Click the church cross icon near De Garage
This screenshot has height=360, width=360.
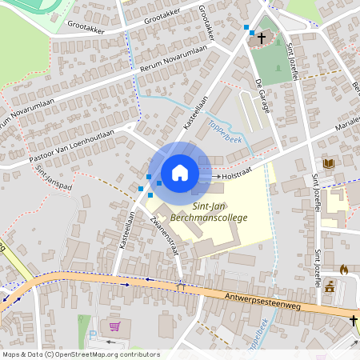pyautogui.click(x=262, y=37)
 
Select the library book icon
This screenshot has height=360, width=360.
pyautogui.click(x=327, y=163)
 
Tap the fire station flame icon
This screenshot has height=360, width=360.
pyautogui.click(x=344, y=270)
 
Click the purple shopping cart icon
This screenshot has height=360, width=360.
pyautogui.click(x=114, y=326)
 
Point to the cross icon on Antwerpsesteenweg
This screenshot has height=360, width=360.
pyautogui.click(x=353, y=320)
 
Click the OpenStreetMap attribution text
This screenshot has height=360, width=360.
pyautogui.click(x=81, y=354)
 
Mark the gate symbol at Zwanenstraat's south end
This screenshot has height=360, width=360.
pyautogui.click(x=181, y=285)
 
